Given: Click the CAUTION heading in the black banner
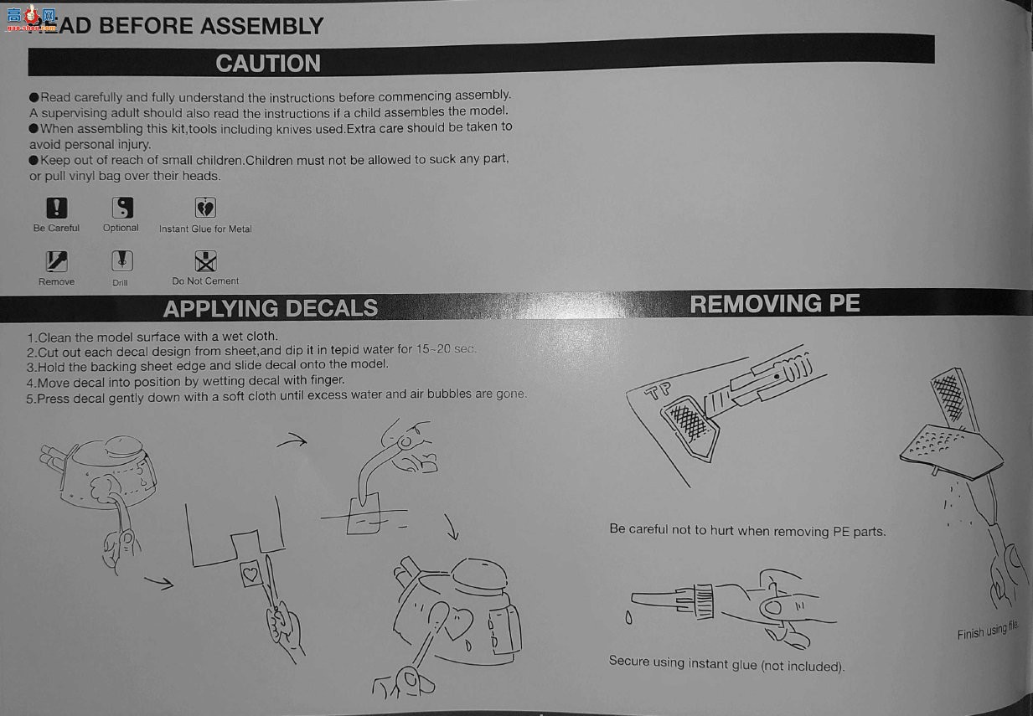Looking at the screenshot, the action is pyautogui.click(x=268, y=63).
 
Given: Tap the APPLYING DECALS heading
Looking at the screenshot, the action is pyautogui.click(x=271, y=308).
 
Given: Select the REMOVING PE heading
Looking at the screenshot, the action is pyautogui.click(x=775, y=304).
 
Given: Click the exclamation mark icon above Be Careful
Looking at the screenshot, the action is pyautogui.click(x=57, y=208).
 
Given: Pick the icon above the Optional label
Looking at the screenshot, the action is pyautogui.click(x=122, y=208).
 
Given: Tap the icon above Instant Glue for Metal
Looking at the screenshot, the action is pyautogui.click(x=205, y=208).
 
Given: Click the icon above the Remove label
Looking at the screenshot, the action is pyautogui.click(x=57, y=261).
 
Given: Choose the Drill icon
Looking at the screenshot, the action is pyautogui.click(x=122, y=261).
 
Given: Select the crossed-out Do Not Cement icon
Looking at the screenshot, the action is pyautogui.click(x=205, y=261).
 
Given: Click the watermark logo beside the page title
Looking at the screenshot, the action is pyautogui.click(x=31, y=18).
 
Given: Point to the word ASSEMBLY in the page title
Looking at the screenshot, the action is pyautogui.click(x=261, y=26).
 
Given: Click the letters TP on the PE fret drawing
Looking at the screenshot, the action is pyautogui.click(x=658, y=391).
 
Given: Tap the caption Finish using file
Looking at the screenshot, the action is pyautogui.click(x=988, y=631).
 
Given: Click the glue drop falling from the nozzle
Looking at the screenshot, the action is pyautogui.click(x=628, y=617).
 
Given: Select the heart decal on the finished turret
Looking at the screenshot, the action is pyautogui.click(x=459, y=622).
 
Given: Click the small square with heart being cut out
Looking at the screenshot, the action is pyautogui.click(x=251, y=574).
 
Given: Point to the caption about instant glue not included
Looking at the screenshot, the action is pyautogui.click(x=726, y=663).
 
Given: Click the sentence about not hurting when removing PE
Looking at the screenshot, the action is pyautogui.click(x=747, y=531).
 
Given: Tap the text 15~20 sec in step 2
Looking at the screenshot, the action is pyautogui.click(x=446, y=348).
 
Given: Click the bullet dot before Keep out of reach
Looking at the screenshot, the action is pyautogui.click(x=34, y=161).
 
